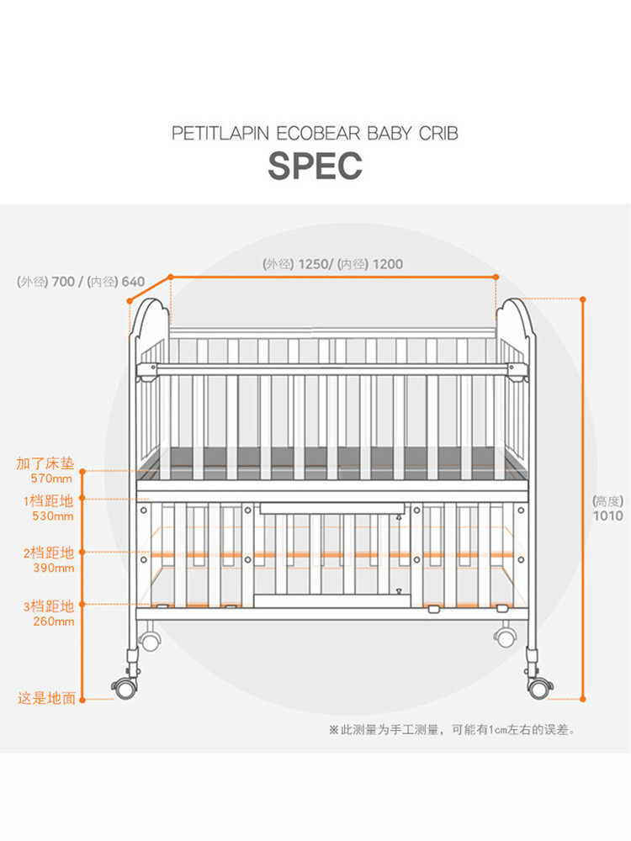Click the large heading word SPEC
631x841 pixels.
[x=315, y=166]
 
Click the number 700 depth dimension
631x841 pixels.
[x=63, y=282]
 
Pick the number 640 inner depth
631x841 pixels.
[x=133, y=282]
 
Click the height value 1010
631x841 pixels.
[x=607, y=516]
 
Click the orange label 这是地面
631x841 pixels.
[x=47, y=698]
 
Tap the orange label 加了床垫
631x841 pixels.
[x=45, y=463]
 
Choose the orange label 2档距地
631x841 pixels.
[x=49, y=553]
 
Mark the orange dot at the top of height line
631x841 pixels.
[x=582, y=299]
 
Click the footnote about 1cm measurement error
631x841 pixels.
[x=452, y=730]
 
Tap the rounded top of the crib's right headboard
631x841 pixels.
[x=514, y=309]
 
